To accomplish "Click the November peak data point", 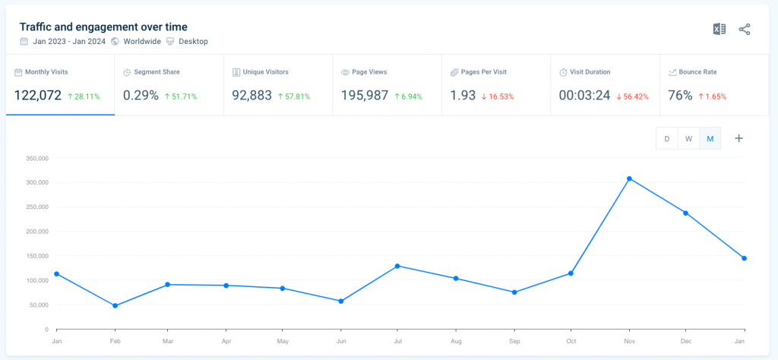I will [629, 178].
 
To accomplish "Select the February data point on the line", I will [115, 306].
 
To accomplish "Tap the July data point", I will [397, 266].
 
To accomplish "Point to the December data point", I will [686, 213].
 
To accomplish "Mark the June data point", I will [340, 302].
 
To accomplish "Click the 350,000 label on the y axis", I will [36, 158].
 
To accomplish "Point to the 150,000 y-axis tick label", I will [36, 256].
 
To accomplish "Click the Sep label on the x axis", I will [514, 342].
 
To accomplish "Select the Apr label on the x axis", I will [226, 342].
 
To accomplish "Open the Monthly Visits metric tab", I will [60, 84].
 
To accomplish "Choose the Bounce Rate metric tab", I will [713, 84].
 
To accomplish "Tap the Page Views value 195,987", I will [365, 96].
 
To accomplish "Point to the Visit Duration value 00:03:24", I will [584, 96].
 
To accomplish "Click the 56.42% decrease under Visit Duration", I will [632, 96].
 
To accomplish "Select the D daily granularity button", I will [667, 138].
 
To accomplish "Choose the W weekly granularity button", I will [688, 138].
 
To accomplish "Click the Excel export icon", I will [719, 29].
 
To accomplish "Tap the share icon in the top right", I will [745, 29].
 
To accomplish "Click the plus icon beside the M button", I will [738, 138].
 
